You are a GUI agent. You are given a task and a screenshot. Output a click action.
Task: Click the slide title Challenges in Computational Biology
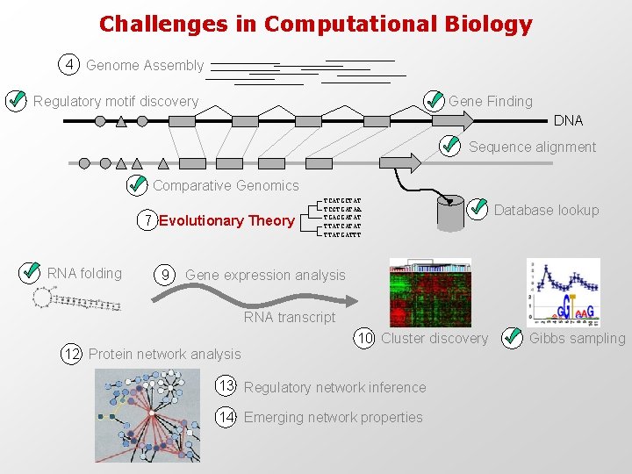pos(316,24)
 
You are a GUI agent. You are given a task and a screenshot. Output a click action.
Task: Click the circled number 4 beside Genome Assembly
pos(68,64)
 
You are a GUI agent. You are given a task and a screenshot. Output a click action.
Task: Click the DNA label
pos(568,120)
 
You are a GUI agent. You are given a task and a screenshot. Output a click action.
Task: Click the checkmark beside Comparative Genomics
pos(136,185)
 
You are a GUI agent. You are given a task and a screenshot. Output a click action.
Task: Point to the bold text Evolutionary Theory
pos(226,220)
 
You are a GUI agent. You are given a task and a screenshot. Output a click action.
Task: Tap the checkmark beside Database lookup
pos(477,209)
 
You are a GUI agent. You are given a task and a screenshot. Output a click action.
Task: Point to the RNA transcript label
pos(290,317)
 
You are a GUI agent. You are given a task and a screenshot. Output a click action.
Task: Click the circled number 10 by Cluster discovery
pos(364,338)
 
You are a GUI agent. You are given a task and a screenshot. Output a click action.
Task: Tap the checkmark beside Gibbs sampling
pos(511,337)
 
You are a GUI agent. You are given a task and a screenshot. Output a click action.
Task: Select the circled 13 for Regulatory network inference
pos(226,386)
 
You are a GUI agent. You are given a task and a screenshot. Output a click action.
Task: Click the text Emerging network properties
pos(333,417)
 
